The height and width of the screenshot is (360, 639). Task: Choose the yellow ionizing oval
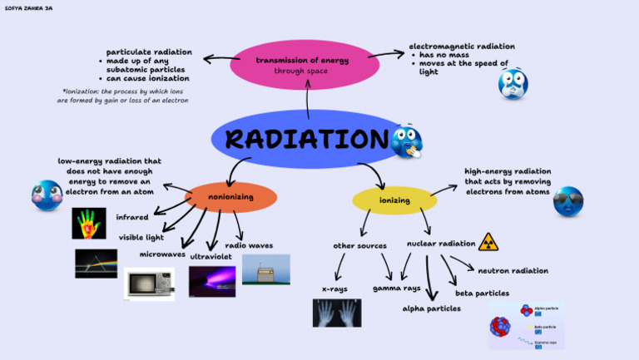tap(394, 200)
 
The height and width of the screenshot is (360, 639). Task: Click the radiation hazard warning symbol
tap(489, 242)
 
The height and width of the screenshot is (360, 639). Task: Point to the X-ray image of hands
tap(337, 313)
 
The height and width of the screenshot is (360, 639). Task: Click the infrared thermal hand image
tap(89, 223)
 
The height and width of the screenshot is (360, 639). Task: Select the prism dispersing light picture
tap(96, 263)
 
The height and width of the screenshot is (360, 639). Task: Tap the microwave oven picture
tap(150, 284)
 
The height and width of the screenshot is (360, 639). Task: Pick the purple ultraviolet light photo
tap(211, 281)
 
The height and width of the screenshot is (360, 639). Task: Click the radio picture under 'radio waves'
tap(265, 269)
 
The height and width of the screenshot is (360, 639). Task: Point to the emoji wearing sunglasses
tap(567, 201)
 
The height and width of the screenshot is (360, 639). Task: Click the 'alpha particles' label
tap(431, 308)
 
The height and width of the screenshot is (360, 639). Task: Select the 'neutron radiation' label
tap(513, 270)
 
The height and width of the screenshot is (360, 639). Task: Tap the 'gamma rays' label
tap(397, 288)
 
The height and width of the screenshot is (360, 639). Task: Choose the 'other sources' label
tap(360, 245)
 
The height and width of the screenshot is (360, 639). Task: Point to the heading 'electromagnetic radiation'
tap(462, 47)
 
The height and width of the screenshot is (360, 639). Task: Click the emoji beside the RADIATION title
tap(407, 141)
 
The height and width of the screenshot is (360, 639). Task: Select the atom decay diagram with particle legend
tap(526, 325)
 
